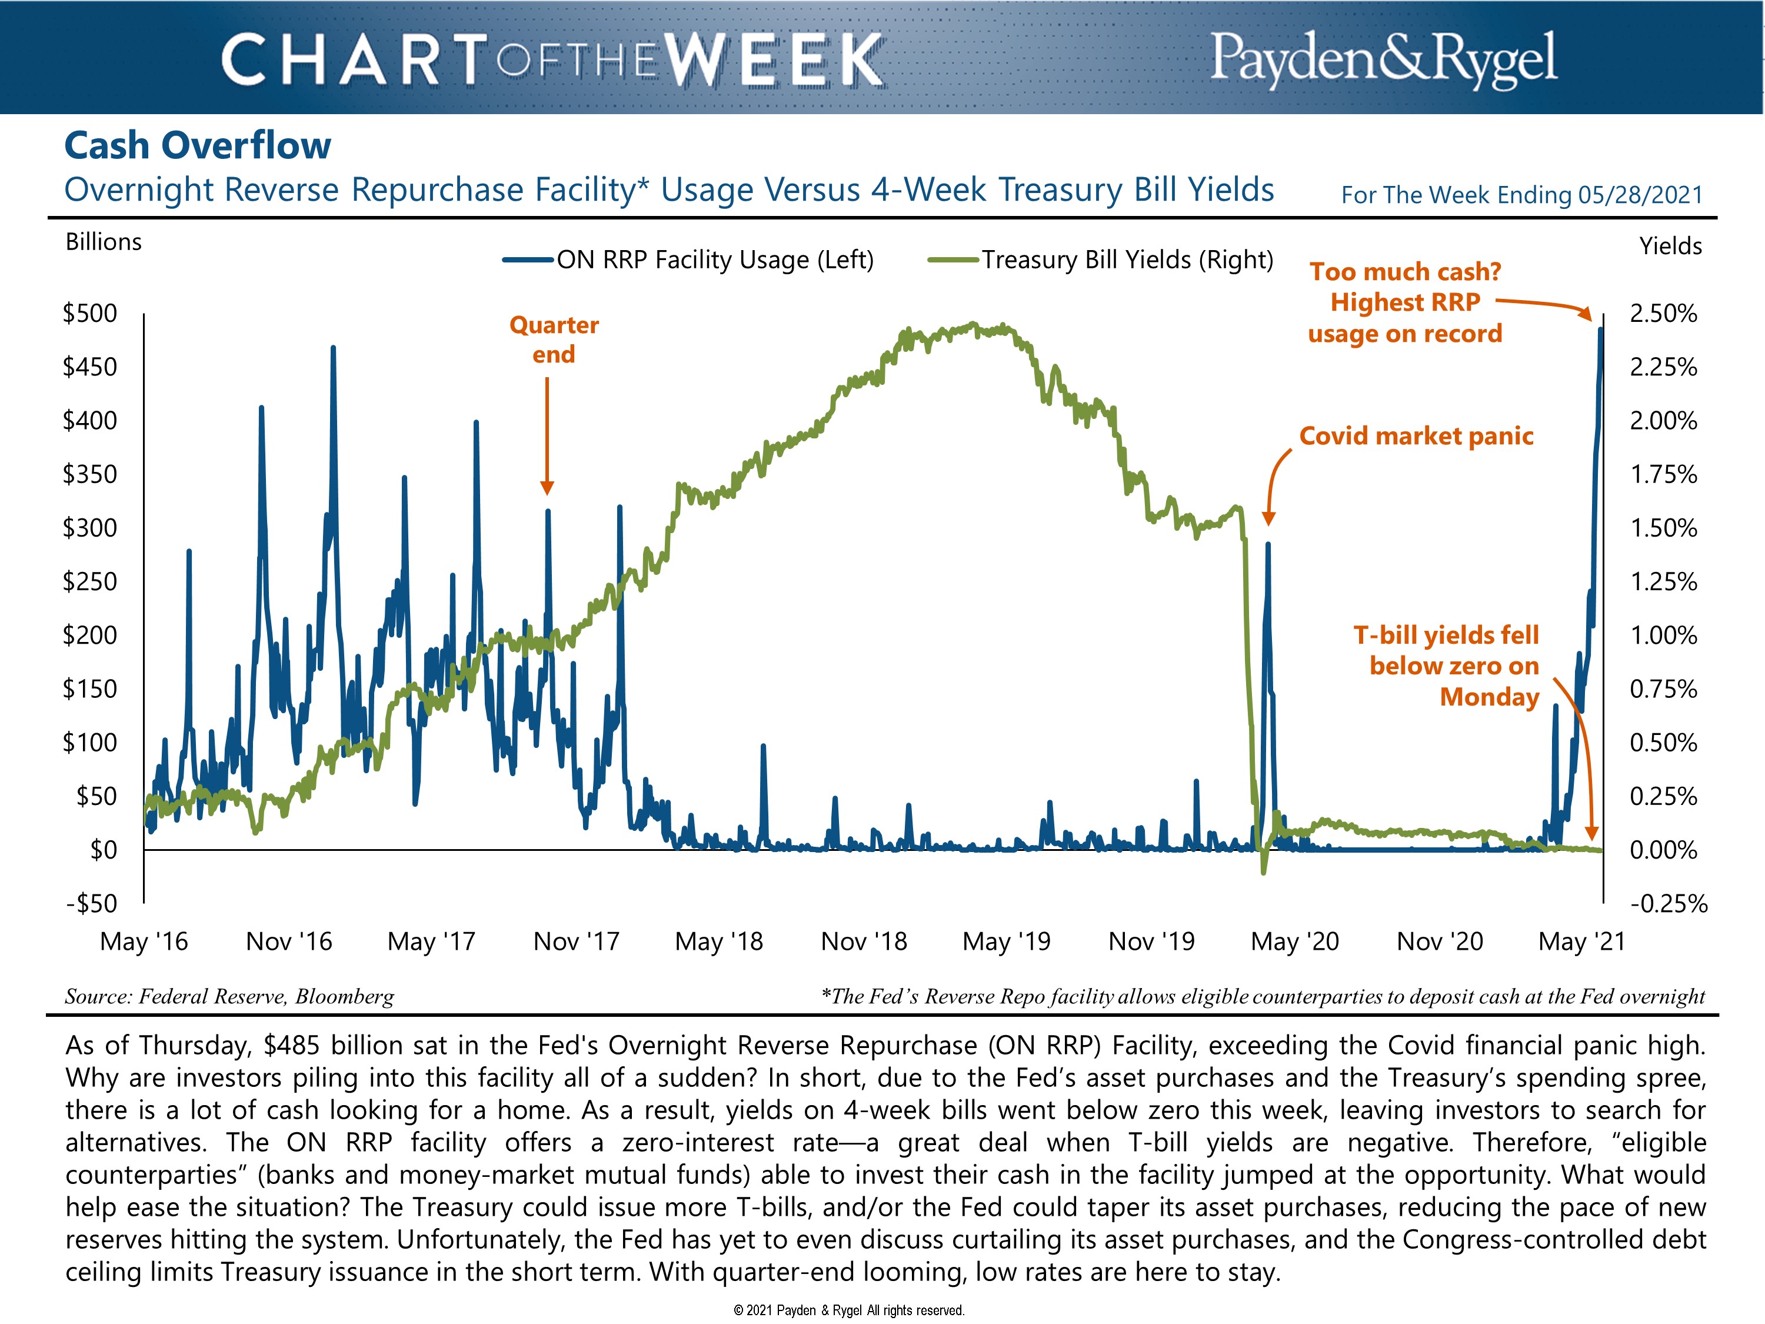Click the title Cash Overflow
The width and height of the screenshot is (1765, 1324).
click(x=197, y=146)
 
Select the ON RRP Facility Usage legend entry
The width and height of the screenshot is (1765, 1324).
click(x=714, y=260)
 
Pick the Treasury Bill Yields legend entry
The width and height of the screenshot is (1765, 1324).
click(x=1126, y=260)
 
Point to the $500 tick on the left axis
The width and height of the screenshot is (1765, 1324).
click(x=90, y=313)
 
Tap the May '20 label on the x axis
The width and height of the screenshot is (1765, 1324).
click(x=1294, y=942)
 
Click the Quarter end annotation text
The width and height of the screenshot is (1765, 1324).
click(x=554, y=339)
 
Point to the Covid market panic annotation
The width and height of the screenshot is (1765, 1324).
click(x=1416, y=437)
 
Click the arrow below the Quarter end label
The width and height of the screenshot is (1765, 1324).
click(x=547, y=435)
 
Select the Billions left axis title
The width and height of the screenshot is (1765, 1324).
click(x=104, y=242)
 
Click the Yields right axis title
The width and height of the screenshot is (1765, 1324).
click(x=1670, y=246)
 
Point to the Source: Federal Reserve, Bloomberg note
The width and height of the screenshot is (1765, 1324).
click(x=230, y=997)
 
